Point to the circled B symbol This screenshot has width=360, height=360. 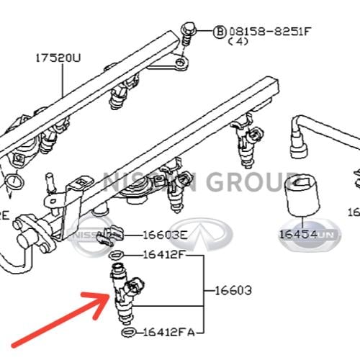220,32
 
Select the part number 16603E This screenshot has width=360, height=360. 164,235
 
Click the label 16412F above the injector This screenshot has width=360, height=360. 165,254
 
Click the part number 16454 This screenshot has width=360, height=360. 300,234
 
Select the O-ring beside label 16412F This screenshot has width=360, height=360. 118,255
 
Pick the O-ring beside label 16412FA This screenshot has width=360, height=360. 127,333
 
